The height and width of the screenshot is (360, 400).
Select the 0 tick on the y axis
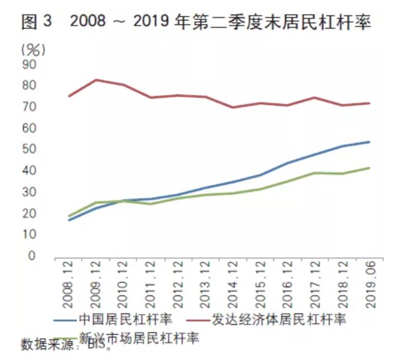pyautogui.click(x=32, y=256)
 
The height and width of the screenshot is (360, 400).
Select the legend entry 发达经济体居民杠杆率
pyautogui.click(x=279, y=320)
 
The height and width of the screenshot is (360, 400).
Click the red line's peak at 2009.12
pyautogui.click(x=97, y=80)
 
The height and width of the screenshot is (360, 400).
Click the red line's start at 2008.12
pyautogui.click(x=69, y=96)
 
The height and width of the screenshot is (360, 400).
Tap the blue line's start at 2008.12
pyautogui.click(x=69, y=220)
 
